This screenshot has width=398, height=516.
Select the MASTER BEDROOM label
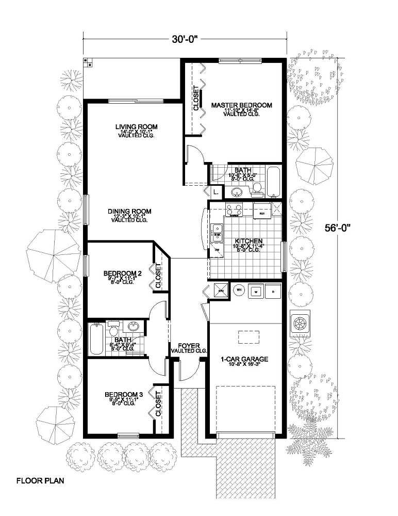[x=241, y=105]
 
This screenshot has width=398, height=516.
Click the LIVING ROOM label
[x=136, y=126]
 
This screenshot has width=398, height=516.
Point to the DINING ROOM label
[x=129, y=211]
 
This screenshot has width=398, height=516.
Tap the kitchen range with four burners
[x=234, y=210]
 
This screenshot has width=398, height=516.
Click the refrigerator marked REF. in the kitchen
[x=261, y=211]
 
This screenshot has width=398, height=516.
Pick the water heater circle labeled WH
[x=239, y=290]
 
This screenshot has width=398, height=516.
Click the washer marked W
[x=256, y=290]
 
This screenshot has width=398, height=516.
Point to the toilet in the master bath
[x=257, y=190]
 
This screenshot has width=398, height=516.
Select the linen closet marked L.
[x=215, y=192]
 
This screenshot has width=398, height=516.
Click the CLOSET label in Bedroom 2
[x=159, y=276]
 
